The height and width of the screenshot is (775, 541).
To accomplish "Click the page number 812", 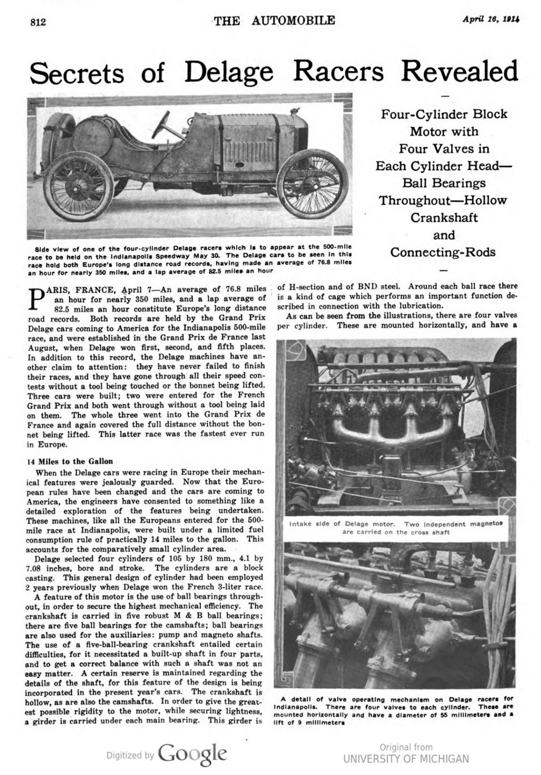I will (x=38, y=22).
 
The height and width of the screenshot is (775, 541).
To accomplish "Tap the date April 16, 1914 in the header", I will (x=491, y=20).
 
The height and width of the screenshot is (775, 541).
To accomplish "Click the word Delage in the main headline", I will (x=229, y=72).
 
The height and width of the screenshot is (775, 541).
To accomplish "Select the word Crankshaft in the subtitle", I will (x=444, y=217).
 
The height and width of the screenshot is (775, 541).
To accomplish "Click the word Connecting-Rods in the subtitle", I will (x=443, y=252).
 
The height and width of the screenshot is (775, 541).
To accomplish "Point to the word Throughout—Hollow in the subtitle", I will (x=443, y=200).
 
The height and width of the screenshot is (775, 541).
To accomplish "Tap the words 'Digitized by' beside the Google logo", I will (x=130, y=755).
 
